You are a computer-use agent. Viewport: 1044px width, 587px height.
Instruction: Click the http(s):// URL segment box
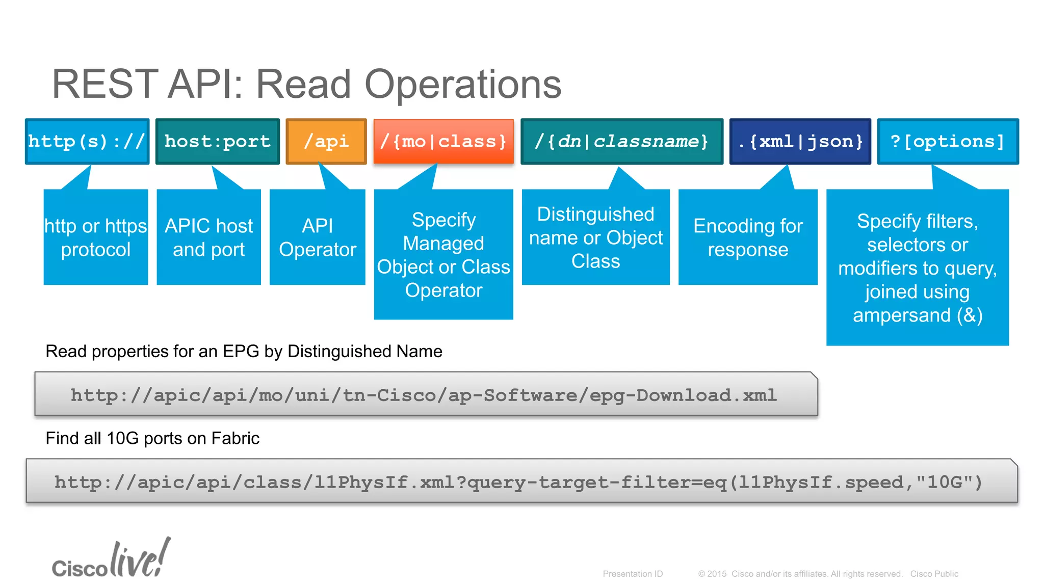pos(87,141)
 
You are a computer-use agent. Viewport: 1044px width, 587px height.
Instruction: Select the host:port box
pos(218,141)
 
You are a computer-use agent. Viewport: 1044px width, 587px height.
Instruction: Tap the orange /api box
pos(326,141)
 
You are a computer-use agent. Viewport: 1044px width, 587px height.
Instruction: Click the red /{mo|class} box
pos(443,141)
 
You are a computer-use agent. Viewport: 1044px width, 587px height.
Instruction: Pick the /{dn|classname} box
pos(622,141)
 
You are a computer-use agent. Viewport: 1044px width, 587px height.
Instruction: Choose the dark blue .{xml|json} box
pos(800,141)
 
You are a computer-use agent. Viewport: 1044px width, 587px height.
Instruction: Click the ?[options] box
pos(948,141)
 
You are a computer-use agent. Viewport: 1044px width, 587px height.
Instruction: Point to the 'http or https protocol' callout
pos(96,237)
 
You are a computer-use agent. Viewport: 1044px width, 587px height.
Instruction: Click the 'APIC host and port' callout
pos(208,237)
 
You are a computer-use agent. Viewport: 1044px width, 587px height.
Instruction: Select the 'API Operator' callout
pos(317,237)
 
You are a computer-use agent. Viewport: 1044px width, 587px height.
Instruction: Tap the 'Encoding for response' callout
pos(748,237)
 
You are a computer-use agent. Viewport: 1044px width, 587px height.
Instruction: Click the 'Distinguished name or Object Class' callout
pos(595,237)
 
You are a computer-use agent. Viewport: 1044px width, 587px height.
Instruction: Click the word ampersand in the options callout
pos(901,315)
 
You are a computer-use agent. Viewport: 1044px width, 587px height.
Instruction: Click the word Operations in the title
pos(462,84)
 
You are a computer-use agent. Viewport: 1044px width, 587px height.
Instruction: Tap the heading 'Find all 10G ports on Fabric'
pos(152,438)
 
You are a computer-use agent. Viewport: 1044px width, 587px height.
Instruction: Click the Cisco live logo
pos(111,559)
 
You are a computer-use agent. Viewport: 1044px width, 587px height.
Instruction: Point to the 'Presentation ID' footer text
pos(633,574)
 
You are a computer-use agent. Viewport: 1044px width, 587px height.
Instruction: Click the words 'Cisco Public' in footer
pos(934,574)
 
